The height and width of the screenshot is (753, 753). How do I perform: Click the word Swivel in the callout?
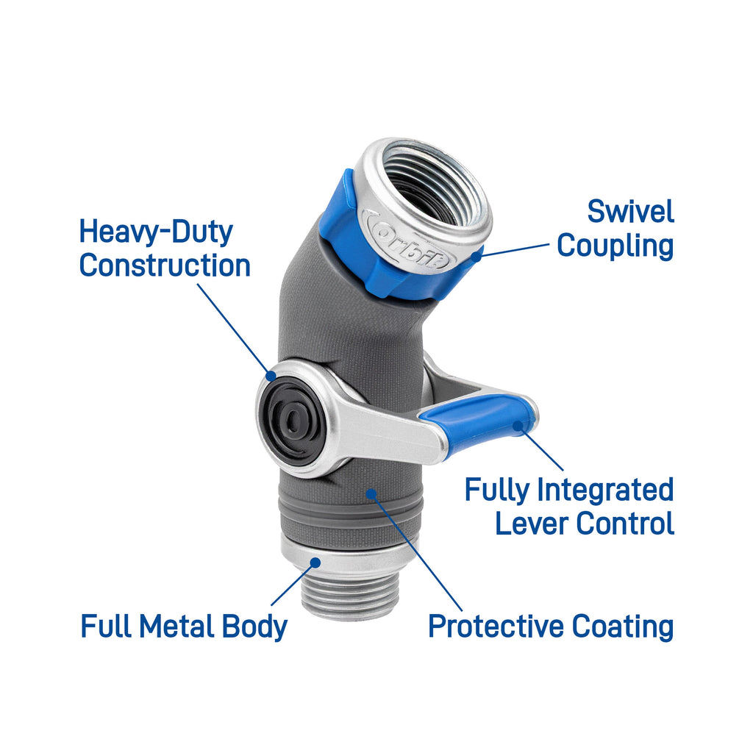630,212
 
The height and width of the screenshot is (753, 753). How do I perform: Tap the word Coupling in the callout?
615,247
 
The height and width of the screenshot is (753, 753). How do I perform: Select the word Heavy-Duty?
156,232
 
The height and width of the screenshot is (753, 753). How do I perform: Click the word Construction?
165,265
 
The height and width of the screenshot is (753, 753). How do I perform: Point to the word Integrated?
606,490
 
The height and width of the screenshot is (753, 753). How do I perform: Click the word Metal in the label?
176,627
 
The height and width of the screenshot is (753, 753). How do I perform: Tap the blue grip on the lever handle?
478,416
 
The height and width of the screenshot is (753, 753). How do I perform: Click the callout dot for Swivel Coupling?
476,256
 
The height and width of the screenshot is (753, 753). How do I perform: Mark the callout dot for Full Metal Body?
315,563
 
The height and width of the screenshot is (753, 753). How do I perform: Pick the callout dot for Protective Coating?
371,493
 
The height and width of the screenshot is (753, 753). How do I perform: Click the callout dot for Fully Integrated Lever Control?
517,426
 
